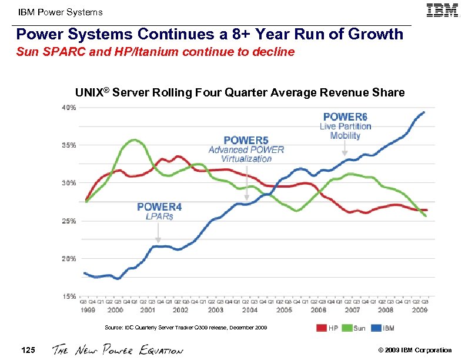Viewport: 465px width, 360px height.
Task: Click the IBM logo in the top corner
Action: point(443,11)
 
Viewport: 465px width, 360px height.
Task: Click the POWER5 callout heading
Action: point(246,140)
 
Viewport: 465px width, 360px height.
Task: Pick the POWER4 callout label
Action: point(159,206)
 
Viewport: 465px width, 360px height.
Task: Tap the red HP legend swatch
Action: point(321,328)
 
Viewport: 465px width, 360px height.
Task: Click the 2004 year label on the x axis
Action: point(249,309)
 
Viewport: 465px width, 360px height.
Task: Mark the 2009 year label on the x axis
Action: point(420,309)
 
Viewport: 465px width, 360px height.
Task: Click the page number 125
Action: point(28,350)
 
